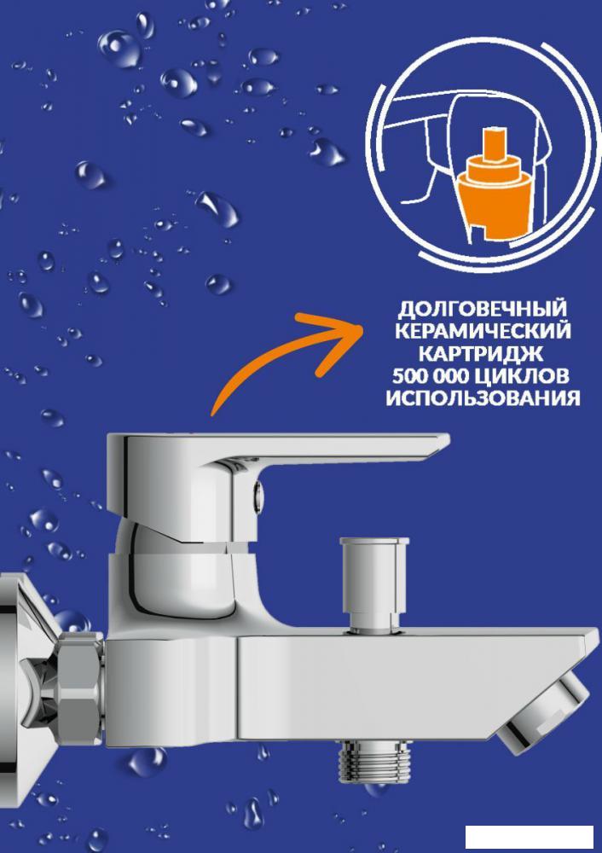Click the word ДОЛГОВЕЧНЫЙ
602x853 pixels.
point(483,308)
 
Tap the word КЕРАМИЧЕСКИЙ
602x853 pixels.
point(483,331)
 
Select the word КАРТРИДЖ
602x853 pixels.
point(483,353)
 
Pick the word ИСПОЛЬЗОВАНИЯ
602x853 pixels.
point(483,398)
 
